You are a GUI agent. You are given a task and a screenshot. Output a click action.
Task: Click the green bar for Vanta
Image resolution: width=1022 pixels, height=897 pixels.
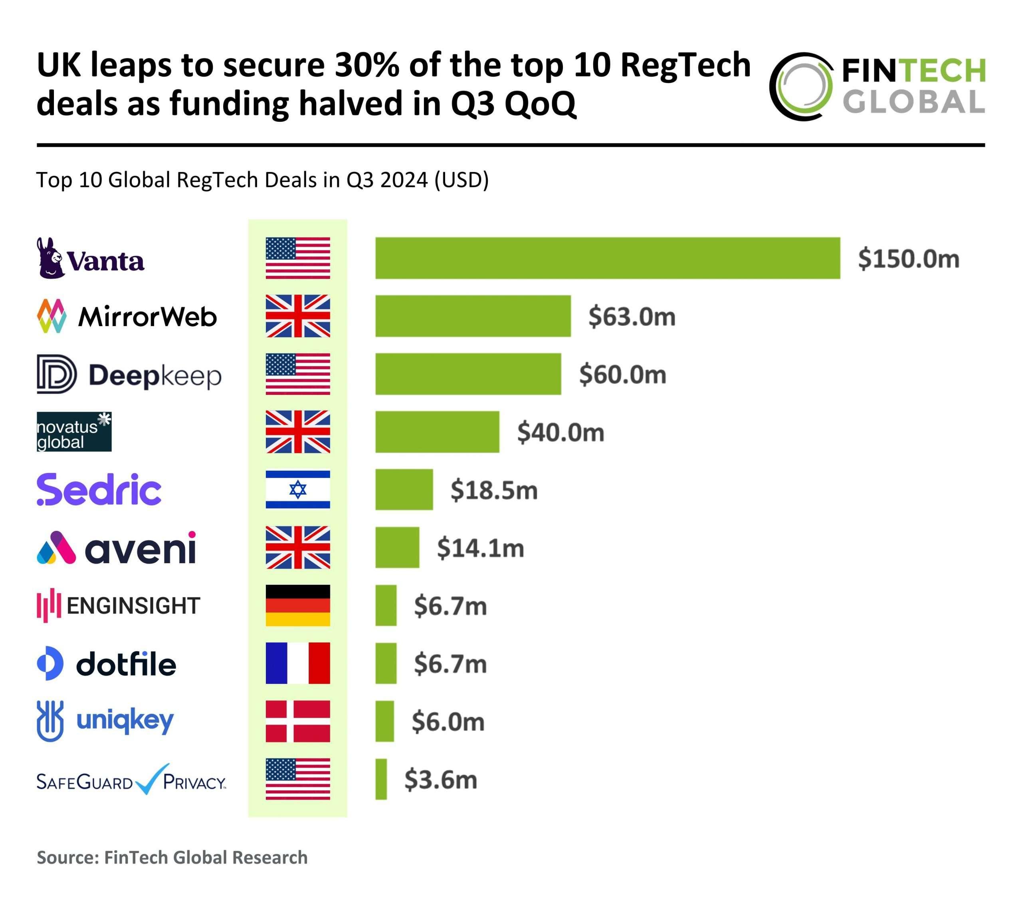click(608, 258)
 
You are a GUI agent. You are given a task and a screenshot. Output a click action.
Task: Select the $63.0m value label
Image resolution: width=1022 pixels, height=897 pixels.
click(632, 317)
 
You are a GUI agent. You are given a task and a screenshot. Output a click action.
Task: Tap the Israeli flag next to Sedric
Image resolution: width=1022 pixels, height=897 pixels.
click(297, 489)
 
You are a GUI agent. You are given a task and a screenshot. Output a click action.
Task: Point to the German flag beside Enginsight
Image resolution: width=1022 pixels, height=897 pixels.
click(297, 606)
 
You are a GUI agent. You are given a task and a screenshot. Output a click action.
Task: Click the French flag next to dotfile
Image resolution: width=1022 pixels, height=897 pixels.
click(297, 663)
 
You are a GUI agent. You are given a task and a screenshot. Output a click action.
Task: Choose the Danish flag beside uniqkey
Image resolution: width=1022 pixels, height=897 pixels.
click(297, 721)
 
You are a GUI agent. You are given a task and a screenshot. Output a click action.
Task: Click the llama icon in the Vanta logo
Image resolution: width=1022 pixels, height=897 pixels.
click(50, 258)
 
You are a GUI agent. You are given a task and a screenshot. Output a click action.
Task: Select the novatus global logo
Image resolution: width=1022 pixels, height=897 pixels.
click(74, 432)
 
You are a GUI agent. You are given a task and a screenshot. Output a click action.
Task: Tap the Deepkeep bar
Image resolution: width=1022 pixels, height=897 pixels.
click(468, 374)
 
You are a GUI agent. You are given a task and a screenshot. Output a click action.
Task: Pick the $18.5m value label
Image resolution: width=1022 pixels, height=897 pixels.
click(494, 490)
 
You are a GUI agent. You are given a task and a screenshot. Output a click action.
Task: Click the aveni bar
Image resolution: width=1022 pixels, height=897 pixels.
click(397, 547)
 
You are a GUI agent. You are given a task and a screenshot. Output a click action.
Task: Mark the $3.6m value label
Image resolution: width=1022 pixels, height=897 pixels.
click(440, 780)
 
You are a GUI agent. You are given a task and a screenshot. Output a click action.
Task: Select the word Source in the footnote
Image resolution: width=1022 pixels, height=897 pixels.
click(67, 857)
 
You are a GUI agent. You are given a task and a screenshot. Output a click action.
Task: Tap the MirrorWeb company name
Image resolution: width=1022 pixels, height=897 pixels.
click(147, 317)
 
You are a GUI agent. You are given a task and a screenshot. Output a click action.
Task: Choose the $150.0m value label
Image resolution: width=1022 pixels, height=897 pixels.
click(909, 259)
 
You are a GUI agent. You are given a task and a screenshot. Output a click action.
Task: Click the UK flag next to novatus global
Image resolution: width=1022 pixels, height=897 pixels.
click(297, 432)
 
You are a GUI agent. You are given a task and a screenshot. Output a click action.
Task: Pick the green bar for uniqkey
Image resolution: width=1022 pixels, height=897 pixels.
click(384, 721)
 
